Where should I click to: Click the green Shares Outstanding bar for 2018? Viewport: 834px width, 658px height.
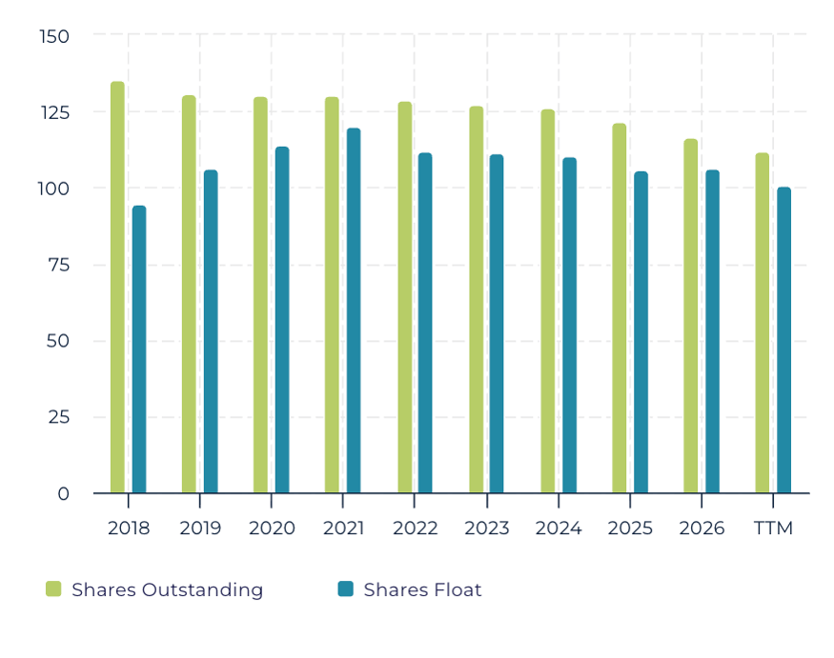[117, 287]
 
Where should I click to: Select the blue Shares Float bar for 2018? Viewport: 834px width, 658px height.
[139, 349]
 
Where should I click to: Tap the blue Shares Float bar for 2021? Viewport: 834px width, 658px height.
[354, 310]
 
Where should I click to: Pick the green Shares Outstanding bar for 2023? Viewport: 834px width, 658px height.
[477, 299]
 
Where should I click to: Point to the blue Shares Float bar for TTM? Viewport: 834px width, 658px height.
[784, 340]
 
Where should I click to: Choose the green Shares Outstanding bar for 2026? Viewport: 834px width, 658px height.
[691, 316]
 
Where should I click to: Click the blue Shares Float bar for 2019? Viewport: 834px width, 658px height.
[211, 331]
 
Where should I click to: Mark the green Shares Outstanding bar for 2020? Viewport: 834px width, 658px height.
[260, 295]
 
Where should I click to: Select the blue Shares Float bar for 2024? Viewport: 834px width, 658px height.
[570, 326]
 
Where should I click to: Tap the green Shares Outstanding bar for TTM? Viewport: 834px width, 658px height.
[763, 323]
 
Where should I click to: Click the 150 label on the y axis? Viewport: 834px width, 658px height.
[54, 37]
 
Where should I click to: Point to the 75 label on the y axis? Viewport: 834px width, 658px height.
[58, 265]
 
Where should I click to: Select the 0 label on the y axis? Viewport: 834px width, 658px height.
[63, 494]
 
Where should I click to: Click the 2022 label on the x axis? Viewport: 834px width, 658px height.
[416, 528]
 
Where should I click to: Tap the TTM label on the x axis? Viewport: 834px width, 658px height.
[773, 528]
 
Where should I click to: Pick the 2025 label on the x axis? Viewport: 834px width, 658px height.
[630, 528]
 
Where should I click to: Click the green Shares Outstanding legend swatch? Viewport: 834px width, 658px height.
[53, 588]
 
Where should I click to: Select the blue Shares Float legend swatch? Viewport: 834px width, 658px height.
[346, 588]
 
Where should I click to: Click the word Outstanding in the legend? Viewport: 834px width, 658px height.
[202, 590]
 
